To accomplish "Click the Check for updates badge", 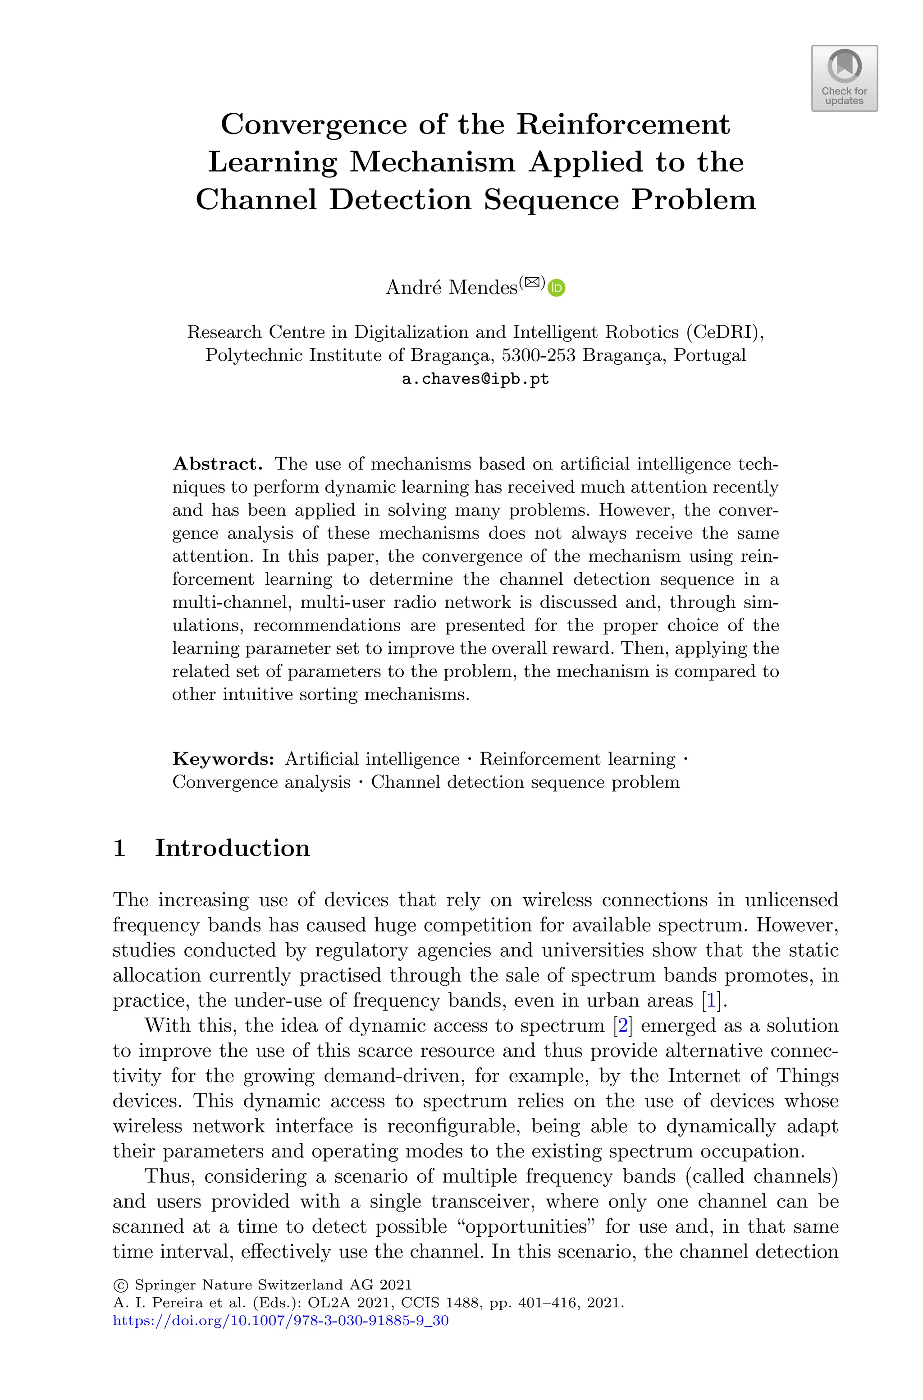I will click(x=844, y=78).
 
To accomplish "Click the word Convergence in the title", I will click(x=313, y=124).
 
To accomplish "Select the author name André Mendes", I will click(x=451, y=287).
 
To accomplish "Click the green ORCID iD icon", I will click(x=556, y=288).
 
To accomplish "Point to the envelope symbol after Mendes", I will click(x=532, y=282).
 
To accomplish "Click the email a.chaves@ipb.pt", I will click(x=475, y=379).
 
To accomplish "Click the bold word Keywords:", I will click(x=223, y=759).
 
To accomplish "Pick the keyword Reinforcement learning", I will click(x=577, y=759).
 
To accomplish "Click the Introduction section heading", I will click(x=232, y=848).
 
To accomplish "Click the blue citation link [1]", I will click(x=711, y=1001).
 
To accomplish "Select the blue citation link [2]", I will click(x=622, y=1026).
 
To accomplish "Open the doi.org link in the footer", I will click(x=280, y=1321).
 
